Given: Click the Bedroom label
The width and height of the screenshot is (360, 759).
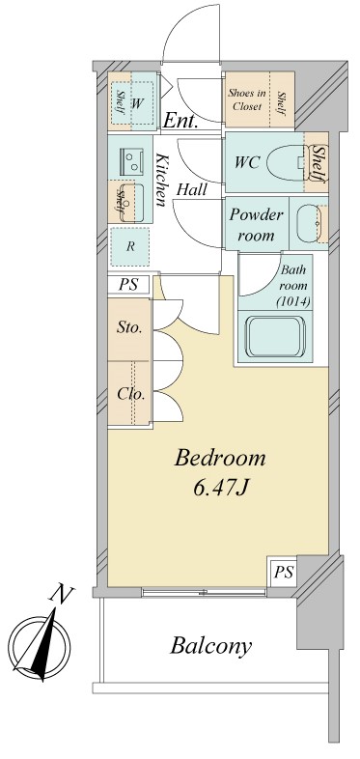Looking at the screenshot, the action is point(220,458).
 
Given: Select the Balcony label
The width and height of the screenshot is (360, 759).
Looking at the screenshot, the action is point(210,646).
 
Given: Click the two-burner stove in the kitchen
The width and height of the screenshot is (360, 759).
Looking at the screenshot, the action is point(130,160).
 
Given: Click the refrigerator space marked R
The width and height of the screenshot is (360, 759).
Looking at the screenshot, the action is point(129,246).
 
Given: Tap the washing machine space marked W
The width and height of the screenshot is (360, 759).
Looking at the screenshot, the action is point(137,102).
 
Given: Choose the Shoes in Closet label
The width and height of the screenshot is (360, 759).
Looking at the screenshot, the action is point(247,99).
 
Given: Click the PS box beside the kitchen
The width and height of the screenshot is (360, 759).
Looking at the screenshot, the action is point(128,285).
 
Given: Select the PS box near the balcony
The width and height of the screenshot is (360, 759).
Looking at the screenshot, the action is point(284,573).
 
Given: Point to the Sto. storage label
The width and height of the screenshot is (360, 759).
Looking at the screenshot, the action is point(129,328).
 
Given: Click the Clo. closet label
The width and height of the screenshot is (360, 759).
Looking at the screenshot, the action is point(131,394).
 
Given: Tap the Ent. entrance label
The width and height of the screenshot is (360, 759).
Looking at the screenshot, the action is point(181,120).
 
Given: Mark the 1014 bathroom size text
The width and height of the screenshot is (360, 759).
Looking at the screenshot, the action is point(293,302).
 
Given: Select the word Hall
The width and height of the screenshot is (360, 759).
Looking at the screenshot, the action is point(192,189).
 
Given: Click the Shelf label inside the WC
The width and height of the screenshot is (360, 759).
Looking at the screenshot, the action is point(318,163).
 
